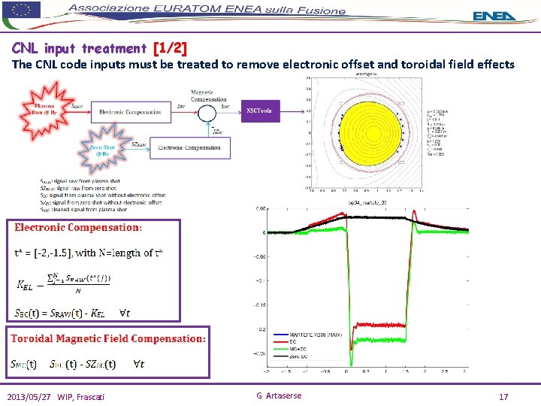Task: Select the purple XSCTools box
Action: [x=262, y=112]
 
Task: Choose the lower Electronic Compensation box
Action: [x=189, y=147]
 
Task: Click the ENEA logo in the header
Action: [x=495, y=16]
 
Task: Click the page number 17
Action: [x=503, y=395]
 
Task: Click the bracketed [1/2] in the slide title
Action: [x=169, y=49]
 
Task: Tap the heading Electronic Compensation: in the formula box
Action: [x=77, y=227]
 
